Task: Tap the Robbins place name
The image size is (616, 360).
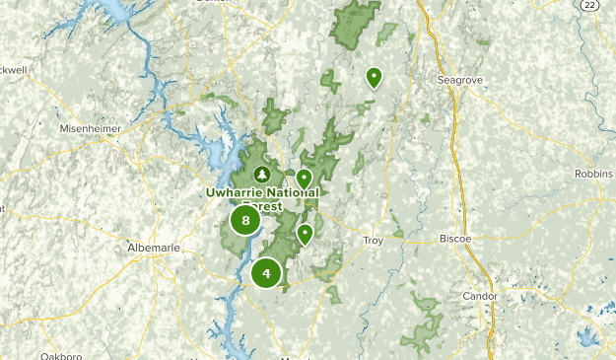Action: [593, 174]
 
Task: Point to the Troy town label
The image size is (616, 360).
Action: [374, 240]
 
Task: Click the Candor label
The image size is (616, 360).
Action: [481, 296]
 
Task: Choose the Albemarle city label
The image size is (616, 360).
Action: [154, 247]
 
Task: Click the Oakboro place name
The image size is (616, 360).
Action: [62, 356]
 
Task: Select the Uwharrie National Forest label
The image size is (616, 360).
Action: [263, 192]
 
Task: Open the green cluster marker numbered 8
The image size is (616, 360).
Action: [245, 220]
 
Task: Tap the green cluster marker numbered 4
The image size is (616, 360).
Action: [266, 273]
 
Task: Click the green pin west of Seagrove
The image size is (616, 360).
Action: [374, 77]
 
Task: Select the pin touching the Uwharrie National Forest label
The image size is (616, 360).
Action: [305, 180]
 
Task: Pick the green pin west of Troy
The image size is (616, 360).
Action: [306, 234]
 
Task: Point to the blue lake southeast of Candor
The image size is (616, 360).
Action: [588, 337]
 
